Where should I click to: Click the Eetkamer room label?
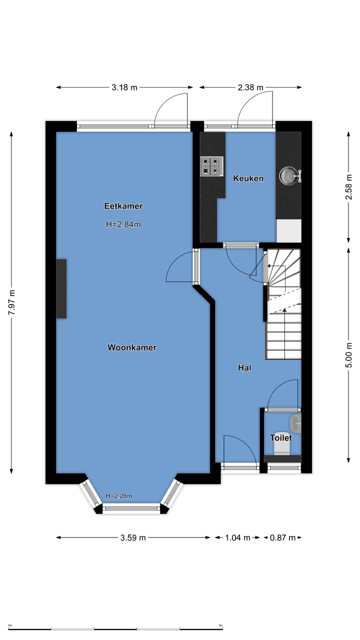coord(123,206)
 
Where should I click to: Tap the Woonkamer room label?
coord(132,347)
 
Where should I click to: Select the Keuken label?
coord(248,178)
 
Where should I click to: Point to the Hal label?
coord(244,368)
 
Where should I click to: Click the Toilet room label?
coord(280,437)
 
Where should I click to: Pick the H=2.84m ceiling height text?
coord(123,224)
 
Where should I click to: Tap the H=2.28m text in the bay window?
coord(119,496)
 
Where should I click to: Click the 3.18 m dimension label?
coord(124,87)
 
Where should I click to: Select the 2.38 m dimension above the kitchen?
coord(250,87)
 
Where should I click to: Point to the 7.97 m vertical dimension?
coord(11,302)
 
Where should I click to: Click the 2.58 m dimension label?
coord(348,186)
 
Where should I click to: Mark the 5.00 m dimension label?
coord(348,355)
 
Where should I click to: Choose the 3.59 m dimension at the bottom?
coord(133,537)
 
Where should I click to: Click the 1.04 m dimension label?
coord(237,537)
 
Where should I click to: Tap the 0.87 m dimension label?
coord(282,537)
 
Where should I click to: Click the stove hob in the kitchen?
coord(211,166)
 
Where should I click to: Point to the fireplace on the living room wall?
coord(61,288)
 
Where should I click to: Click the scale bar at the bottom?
coord(115,628)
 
